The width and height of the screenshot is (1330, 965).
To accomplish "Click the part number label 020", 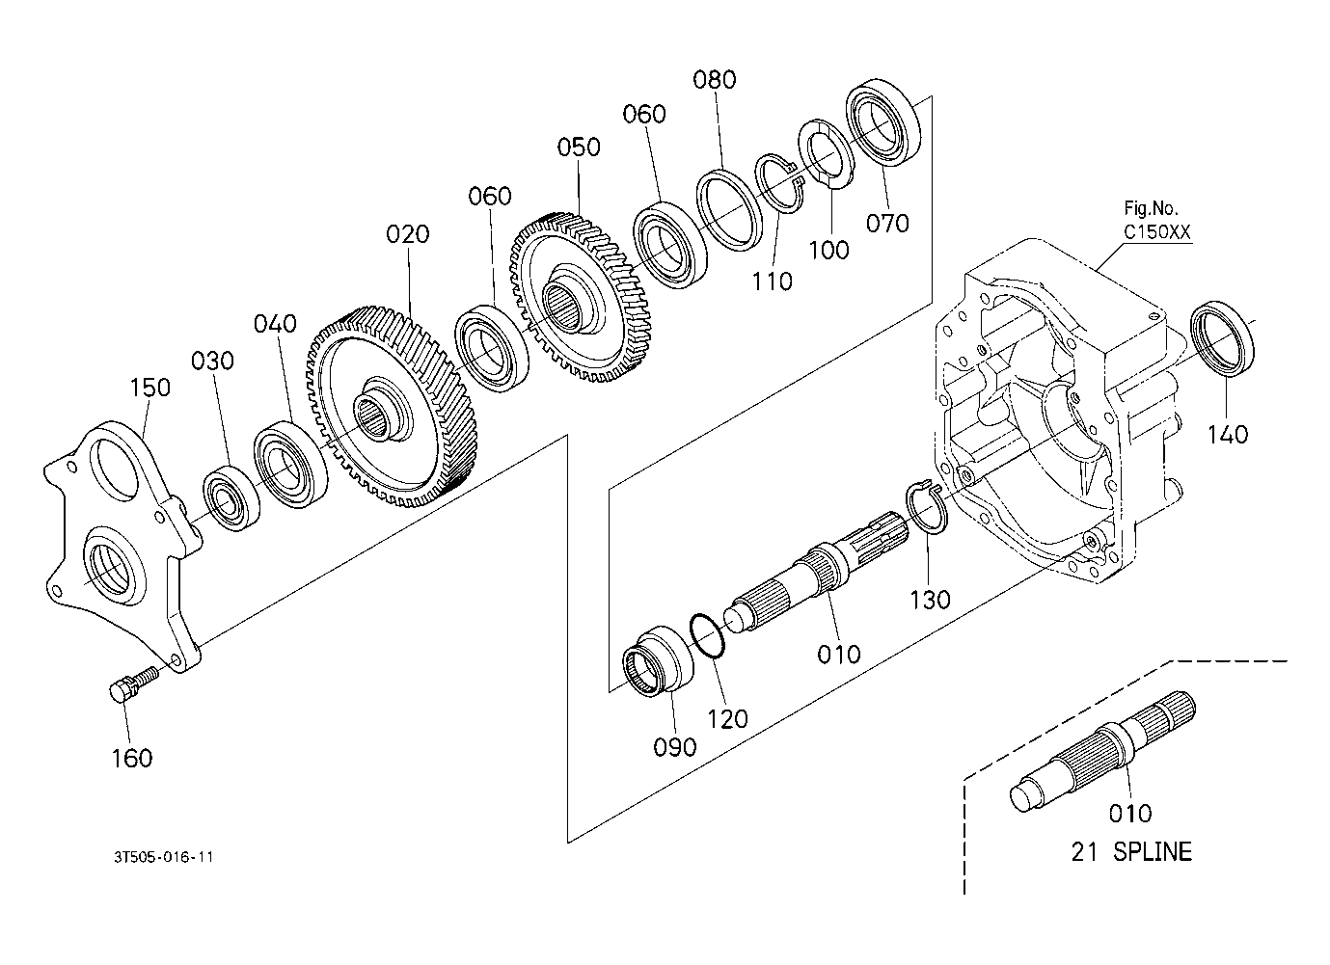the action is coord(407,234).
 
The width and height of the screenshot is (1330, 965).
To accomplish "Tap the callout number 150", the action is coord(150,388).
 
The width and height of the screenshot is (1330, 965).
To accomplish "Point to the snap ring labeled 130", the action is coord(927,508).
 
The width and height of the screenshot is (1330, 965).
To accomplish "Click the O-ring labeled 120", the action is coord(707,636).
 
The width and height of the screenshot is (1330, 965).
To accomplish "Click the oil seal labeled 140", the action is coord(1223,338).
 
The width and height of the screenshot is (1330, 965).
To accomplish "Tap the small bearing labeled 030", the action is coord(231,498).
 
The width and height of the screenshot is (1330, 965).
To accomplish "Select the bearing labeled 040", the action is coord(291,464).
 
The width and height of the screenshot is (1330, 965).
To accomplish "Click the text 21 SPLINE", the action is coord(1131,851).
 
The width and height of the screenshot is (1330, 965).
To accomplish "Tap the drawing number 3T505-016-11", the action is coord(163,857).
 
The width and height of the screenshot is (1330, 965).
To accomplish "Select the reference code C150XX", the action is coord(1157,232).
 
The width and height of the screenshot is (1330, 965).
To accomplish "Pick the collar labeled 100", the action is coord(827,153).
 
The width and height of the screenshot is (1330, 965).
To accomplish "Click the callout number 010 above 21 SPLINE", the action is coord(1131,814).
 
